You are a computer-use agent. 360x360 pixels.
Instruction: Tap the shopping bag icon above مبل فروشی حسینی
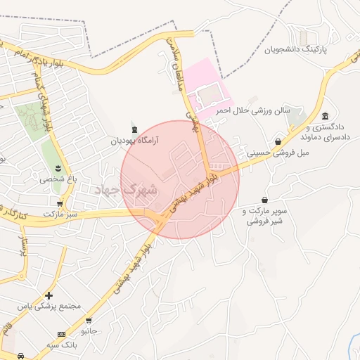(x=279, y=142)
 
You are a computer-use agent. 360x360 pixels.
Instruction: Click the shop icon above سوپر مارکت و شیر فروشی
(x=264, y=200)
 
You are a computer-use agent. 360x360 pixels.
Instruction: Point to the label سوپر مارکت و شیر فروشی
(x=264, y=215)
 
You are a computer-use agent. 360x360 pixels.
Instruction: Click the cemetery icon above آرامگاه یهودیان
(x=134, y=129)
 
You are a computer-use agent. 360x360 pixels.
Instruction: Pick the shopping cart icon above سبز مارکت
(x=60, y=202)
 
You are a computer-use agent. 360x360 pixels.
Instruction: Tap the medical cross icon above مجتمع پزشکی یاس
(x=49, y=295)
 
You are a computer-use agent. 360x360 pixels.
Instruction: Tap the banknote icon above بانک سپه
(x=62, y=333)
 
